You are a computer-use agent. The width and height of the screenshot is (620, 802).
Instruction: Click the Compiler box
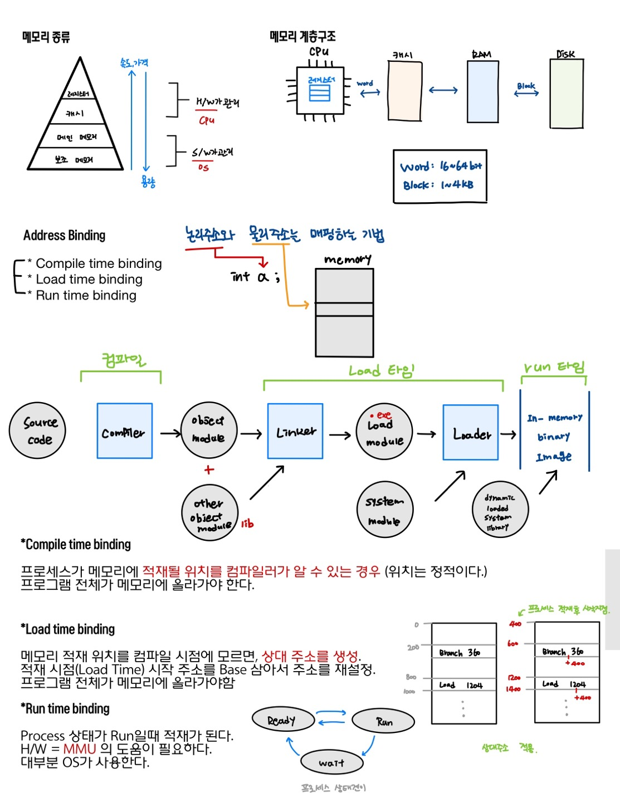(125, 431)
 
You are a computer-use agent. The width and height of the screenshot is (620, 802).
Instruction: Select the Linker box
(295, 431)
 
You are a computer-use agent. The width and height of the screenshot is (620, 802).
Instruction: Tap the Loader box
(471, 433)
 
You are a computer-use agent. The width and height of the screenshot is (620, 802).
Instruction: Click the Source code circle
(38, 431)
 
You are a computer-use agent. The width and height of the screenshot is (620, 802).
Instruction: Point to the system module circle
(384, 510)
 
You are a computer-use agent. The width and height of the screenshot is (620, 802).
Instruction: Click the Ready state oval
(283, 720)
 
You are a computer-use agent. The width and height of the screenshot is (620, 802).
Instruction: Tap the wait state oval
(331, 762)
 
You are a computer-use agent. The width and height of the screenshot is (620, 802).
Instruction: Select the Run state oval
(384, 722)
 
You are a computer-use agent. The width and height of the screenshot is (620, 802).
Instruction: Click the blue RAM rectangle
(482, 91)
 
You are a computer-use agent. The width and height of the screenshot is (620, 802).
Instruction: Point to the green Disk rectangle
(567, 94)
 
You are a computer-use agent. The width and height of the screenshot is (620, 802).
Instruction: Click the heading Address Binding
(64, 236)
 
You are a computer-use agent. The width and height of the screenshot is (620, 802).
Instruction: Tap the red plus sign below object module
(209, 470)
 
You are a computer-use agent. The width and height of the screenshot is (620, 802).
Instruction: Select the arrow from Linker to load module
(340, 435)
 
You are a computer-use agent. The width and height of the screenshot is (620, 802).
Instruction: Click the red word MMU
(80, 749)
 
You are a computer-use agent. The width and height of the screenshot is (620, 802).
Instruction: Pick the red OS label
(203, 167)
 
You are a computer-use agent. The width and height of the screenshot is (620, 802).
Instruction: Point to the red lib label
(247, 524)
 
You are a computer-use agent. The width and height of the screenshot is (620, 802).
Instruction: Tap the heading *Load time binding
(68, 629)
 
